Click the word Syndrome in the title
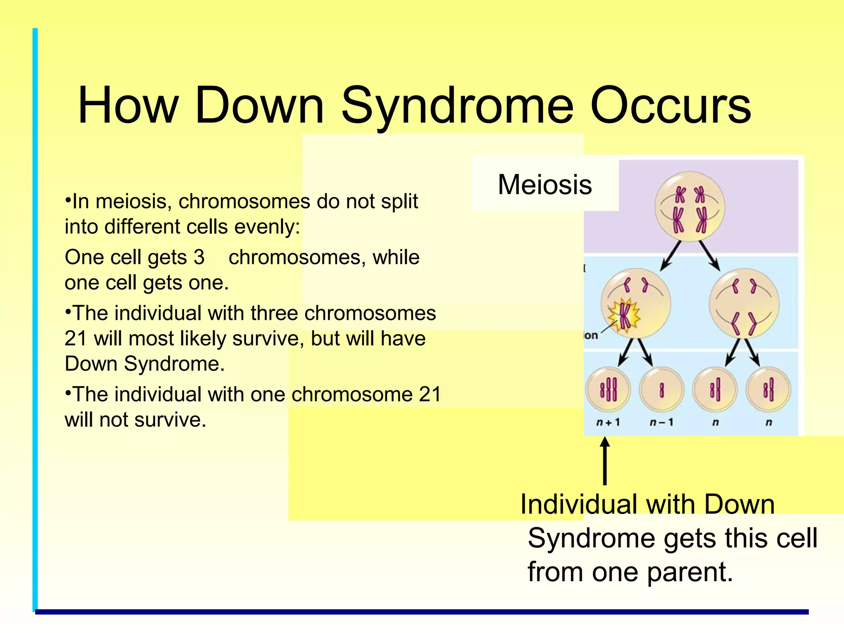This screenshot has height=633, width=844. (457, 106)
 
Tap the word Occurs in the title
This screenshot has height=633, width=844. (671, 106)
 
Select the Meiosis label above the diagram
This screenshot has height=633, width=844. (544, 185)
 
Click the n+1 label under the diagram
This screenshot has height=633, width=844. (608, 422)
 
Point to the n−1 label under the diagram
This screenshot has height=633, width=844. (661, 422)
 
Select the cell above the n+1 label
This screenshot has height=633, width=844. (608, 389)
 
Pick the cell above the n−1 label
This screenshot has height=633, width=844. (661, 389)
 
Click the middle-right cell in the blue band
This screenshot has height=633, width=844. (744, 304)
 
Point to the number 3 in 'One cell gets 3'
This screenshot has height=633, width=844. (199, 258)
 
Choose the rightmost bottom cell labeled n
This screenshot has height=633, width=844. (768, 389)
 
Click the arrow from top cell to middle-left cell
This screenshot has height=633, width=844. (671, 256)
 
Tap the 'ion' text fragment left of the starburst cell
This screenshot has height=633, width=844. (591, 335)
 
